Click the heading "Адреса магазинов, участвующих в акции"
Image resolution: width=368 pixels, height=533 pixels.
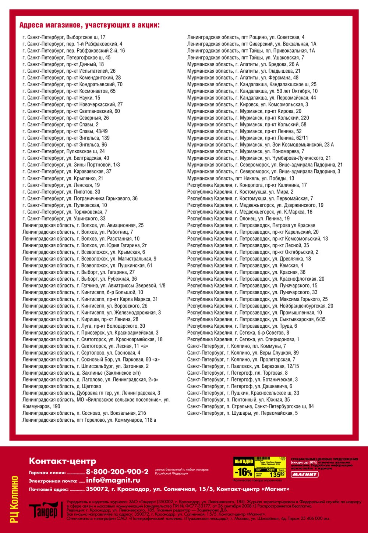[x=89, y=25]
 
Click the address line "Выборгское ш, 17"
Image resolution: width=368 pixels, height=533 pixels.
[x=64, y=37]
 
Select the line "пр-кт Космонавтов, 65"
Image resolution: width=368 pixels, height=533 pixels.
[x=69, y=91]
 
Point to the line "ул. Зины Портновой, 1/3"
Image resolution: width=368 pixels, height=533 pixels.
[x=71, y=165]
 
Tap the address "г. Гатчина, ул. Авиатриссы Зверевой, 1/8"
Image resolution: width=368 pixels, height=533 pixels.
[x=94, y=285]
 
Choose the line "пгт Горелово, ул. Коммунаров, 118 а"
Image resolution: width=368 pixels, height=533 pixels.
[x=89, y=419]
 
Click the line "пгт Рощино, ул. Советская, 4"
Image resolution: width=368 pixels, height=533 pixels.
[x=245, y=37]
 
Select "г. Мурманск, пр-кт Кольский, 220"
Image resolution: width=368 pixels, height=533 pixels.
[x=248, y=118]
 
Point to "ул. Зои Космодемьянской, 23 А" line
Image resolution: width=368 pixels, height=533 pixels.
[x=260, y=144]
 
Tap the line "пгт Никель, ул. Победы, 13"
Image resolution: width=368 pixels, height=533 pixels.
[x=240, y=178]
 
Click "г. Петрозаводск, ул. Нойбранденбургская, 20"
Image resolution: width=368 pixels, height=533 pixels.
[x=260, y=306]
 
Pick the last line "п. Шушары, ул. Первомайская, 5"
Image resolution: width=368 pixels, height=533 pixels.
[x=242, y=413]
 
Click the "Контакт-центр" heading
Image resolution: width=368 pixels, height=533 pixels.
[x=63, y=461]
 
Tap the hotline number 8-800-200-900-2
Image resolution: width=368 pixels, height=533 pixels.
[x=117, y=472]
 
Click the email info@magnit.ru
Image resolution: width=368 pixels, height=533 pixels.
[x=113, y=480]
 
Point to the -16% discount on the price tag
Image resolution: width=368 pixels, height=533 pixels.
[x=244, y=472]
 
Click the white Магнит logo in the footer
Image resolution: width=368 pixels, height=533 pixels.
[x=305, y=474]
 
